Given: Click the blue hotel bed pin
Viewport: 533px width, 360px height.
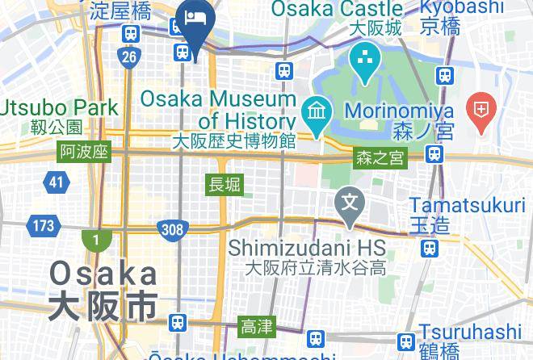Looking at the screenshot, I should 196,19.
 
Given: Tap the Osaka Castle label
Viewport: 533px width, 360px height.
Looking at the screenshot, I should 337,10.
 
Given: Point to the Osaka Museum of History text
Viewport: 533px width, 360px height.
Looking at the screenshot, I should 219,110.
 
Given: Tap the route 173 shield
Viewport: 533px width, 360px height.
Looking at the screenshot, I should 43,224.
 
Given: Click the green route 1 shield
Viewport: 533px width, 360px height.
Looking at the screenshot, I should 96,240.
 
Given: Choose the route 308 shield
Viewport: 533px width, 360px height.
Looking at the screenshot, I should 172,230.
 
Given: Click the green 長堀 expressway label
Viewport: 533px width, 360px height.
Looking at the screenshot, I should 225,184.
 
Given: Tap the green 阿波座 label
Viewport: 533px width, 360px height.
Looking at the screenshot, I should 83,152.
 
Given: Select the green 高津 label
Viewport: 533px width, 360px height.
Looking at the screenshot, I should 257,327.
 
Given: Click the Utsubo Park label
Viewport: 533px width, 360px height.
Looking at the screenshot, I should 59,107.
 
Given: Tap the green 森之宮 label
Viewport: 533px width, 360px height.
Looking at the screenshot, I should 380,159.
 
